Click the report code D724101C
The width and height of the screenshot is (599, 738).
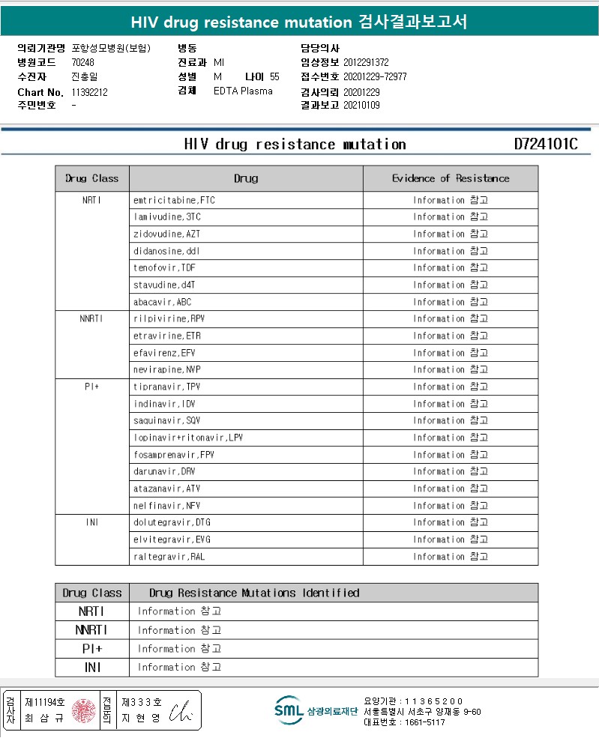[546, 145]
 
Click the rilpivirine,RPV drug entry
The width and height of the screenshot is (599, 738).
[169, 319]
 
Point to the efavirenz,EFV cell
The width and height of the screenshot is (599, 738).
[165, 353]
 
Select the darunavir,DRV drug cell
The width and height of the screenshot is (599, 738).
[165, 472]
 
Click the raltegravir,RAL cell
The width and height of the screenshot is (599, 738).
[169, 557]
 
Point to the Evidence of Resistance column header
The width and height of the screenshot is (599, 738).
[451, 178]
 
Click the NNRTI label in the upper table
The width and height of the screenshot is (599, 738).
[91, 319]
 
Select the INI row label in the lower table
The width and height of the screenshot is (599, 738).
[92, 668]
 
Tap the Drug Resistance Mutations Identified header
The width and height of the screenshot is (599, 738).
[254, 593]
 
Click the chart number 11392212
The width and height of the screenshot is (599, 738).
[90, 92]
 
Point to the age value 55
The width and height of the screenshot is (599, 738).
[274, 77]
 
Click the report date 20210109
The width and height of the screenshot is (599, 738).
[361, 106]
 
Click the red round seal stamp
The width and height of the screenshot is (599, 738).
[83, 710]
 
